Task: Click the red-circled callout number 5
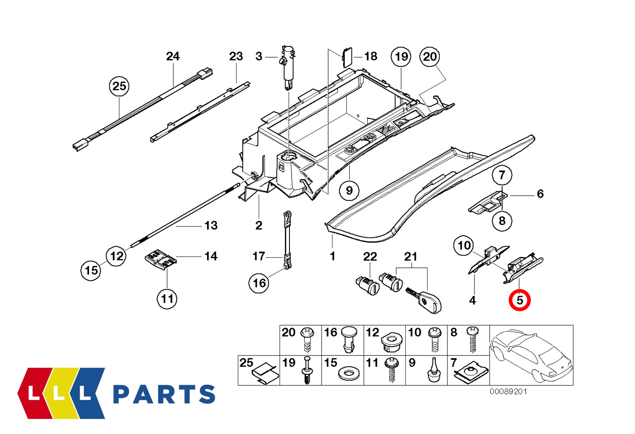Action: [x=520, y=300]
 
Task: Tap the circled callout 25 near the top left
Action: [x=119, y=86]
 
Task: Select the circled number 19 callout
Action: [x=401, y=57]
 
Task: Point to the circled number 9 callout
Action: [x=349, y=190]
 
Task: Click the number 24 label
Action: [x=173, y=56]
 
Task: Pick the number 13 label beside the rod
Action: [x=211, y=226]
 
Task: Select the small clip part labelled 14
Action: [x=160, y=259]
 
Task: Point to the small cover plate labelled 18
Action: [x=347, y=57]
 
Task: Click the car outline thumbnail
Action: [x=531, y=355]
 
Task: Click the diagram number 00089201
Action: [x=508, y=391]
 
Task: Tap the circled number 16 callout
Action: [x=259, y=283]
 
